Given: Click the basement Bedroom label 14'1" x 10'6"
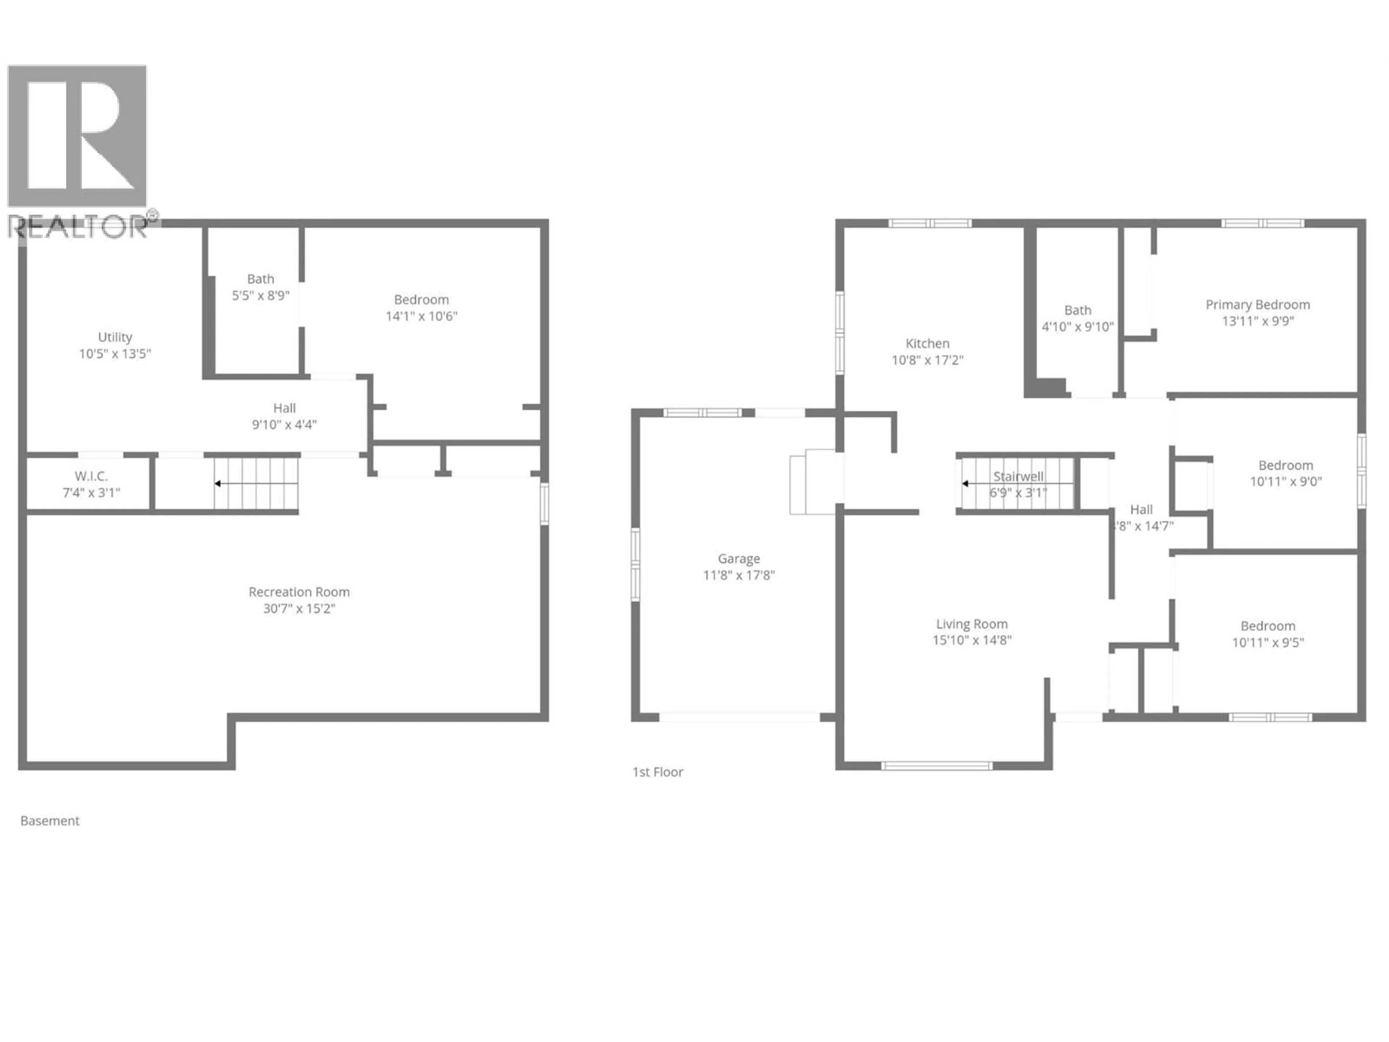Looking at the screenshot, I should pyautogui.click(x=421, y=308).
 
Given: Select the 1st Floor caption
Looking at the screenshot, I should pyautogui.click(x=658, y=772).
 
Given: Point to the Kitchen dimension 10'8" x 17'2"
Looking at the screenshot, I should pyautogui.click(x=927, y=360).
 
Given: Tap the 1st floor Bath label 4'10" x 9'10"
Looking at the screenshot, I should pyautogui.click(x=1078, y=318).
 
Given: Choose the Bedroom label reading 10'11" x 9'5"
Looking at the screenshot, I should pyautogui.click(x=1268, y=634).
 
